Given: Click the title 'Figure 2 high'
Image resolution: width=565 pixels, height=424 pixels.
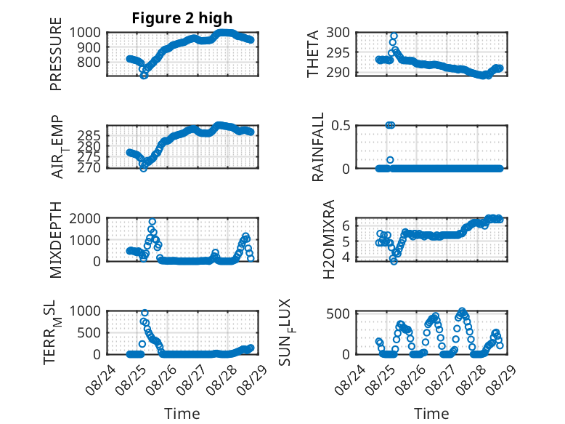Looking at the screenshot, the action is point(182,18).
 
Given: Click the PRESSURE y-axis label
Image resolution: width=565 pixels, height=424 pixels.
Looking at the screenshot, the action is point(56,54).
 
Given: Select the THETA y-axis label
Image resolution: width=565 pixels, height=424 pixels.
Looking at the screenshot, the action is point(313,54).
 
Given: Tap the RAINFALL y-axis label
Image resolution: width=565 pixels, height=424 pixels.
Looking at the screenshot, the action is point(318,146).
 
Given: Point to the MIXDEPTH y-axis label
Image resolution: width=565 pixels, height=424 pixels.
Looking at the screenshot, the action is point(56,239).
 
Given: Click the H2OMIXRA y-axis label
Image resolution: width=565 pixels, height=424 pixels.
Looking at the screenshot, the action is point(329,239).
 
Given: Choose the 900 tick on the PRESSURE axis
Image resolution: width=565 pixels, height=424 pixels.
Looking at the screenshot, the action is point(85,47).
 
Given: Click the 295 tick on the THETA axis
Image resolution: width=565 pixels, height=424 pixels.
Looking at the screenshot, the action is point(338,52).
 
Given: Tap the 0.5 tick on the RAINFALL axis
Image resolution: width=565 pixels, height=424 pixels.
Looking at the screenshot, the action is point(341,126).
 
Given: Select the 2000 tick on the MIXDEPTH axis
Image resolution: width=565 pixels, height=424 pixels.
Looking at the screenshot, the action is point(85,218).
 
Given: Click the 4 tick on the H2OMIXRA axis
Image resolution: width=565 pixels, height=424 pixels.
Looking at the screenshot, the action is point(346,257).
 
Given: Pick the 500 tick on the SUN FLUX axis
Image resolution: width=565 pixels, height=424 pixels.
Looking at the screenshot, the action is point(338,313).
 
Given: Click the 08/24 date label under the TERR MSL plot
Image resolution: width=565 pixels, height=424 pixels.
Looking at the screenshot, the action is point(101,380).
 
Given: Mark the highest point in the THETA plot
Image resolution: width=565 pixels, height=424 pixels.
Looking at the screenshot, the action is point(394,36).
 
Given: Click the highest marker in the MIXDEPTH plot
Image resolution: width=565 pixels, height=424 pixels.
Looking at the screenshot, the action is point(153,222).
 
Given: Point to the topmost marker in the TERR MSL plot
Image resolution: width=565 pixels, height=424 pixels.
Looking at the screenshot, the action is point(145,313).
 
